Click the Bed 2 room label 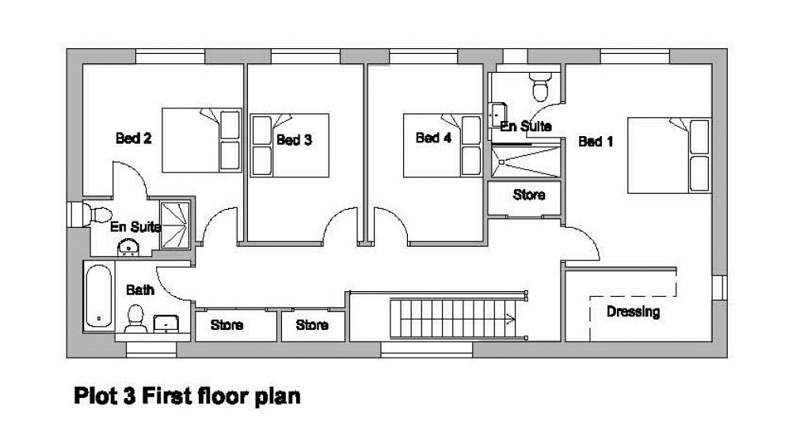pos(134,138)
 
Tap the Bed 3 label pos(294,140)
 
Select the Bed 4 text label pos(433,138)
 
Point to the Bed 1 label pos(596,142)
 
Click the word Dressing pos(633,312)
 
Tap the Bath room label pos(140,290)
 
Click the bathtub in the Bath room pos(99,297)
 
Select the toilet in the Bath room pos(134,319)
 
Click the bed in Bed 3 pos(289,148)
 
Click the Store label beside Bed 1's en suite pos(529,195)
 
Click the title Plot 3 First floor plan pos(188,395)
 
